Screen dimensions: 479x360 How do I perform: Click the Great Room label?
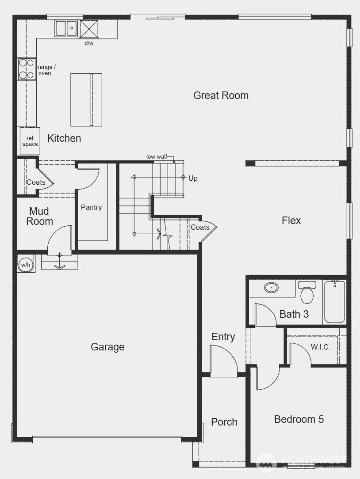(x=221, y=95)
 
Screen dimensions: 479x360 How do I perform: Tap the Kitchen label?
(x=64, y=138)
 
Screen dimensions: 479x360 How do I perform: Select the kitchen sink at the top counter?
(x=66, y=29)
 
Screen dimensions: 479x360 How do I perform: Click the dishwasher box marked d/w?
(x=89, y=30)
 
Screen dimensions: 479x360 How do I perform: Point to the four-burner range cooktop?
(x=27, y=69)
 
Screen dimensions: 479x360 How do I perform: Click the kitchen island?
(x=86, y=100)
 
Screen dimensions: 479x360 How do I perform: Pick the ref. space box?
(x=30, y=141)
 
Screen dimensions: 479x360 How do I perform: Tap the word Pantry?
(x=91, y=207)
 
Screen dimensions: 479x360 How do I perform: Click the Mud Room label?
(x=39, y=217)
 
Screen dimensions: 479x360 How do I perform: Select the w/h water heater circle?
(x=26, y=265)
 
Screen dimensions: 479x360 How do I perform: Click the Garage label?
(x=107, y=347)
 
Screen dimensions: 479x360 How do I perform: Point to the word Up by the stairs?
(x=193, y=179)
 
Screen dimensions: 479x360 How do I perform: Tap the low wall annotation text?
(x=157, y=156)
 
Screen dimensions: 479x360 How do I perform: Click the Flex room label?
(x=291, y=220)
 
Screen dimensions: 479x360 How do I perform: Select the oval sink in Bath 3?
(x=271, y=288)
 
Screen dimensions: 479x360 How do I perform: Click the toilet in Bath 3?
(x=307, y=294)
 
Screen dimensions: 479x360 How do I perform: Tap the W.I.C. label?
(x=320, y=347)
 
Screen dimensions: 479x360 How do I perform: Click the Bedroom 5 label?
(x=299, y=419)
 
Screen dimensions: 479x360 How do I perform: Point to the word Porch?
(x=224, y=422)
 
